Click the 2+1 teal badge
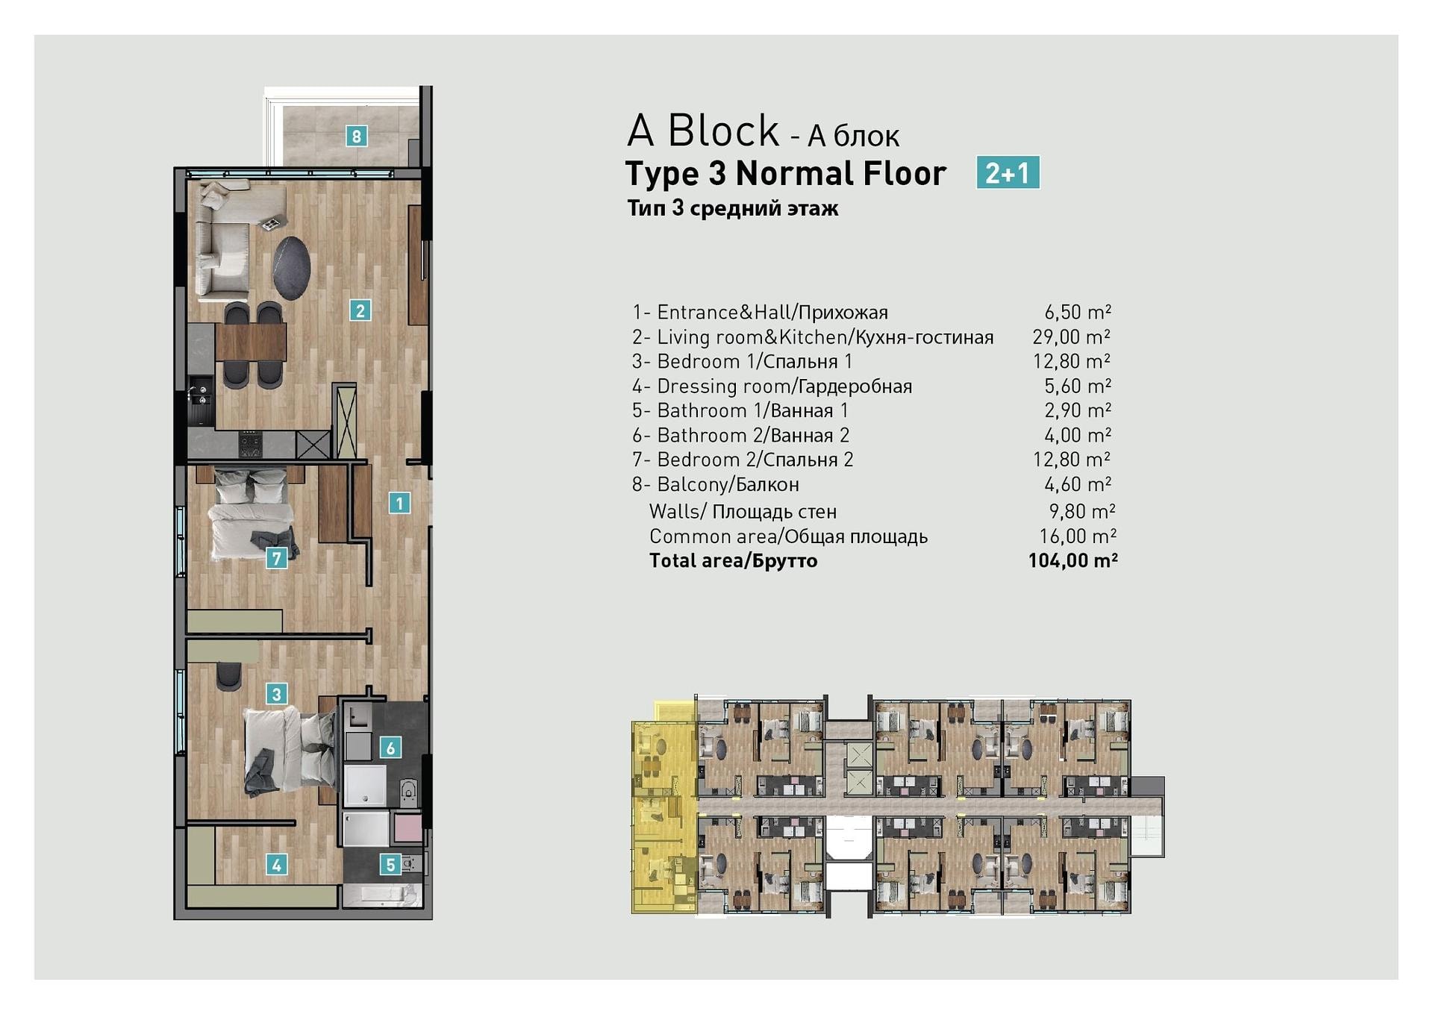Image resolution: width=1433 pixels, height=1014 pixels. pos(1008,172)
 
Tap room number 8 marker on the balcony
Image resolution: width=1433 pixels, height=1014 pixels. pos(356,136)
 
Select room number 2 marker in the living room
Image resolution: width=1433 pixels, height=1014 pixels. pos(360,310)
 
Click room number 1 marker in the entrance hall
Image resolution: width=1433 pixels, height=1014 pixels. pos(399,503)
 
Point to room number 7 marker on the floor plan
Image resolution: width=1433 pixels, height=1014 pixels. pos(277,557)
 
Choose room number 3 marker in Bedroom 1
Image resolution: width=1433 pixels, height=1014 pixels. pos(277,694)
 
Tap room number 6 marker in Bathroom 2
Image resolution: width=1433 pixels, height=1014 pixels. pos(390,747)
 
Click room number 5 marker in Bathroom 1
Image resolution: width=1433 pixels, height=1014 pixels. pos(390,865)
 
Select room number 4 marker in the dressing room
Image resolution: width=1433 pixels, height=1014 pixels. pos(277,865)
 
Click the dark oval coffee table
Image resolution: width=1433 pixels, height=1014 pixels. pos(291,268)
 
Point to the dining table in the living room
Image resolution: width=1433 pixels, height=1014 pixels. pos(251,342)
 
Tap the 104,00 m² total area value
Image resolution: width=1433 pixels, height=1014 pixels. pos(1073,560)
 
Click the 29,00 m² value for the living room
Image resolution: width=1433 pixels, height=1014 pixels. pos(1072,337)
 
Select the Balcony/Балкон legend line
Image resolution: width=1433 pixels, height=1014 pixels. pos(716,484)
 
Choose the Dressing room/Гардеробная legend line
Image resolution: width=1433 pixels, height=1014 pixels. pos(772,386)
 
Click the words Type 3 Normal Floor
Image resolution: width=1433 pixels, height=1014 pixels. pos(785,173)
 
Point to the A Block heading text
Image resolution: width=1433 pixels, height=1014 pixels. pos(703,131)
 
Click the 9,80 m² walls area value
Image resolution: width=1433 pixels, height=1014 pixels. pos(1082,511)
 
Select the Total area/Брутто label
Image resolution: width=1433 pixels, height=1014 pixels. pos(733,560)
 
